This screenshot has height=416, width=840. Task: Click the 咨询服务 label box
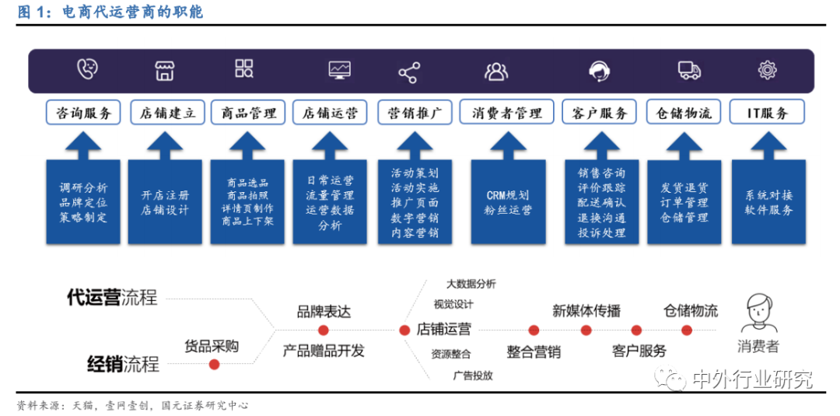[84, 113]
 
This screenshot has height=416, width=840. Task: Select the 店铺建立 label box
[167, 113]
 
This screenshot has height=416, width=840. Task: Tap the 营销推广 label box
[415, 113]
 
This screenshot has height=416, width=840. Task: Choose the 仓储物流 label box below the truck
[684, 113]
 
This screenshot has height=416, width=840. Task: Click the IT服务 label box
[767, 113]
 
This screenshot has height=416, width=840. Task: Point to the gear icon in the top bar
[768, 71]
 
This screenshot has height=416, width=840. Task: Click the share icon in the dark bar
[408, 72]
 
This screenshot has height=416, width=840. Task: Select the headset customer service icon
[598, 72]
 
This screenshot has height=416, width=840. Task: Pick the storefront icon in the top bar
[164, 71]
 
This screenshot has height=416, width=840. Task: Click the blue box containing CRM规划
[508, 201]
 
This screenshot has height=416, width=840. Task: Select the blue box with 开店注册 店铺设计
[165, 201]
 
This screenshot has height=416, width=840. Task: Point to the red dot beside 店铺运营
[404, 330]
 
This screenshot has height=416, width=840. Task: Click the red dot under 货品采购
[214, 364]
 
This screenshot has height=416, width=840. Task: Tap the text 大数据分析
[471, 284]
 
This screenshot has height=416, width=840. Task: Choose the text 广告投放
[472, 376]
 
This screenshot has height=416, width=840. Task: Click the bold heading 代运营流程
[112, 297]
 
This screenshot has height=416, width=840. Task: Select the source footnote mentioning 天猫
[132, 406]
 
